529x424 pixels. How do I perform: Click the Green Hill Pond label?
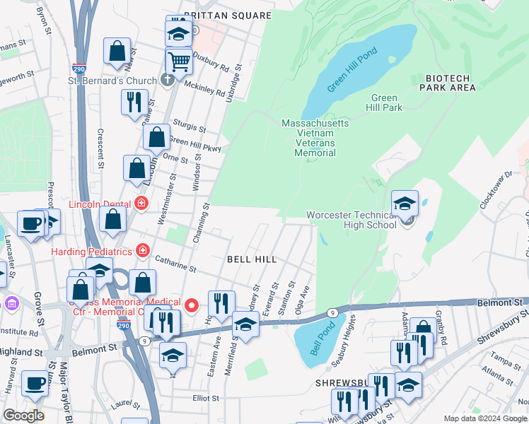tap(353, 70)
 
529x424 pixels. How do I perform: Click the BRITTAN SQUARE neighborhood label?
tap(228, 15)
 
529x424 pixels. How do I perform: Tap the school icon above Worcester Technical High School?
tap(405, 204)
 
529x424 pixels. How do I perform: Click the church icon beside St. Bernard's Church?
tap(167, 81)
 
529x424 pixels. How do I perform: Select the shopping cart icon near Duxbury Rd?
tap(180, 61)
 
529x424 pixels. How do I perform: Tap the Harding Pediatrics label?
tap(91, 251)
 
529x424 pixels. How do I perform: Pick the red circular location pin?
tap(193, 305)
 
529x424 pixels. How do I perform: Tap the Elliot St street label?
tap(205, 398)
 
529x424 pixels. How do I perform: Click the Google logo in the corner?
tap(24, 416)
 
